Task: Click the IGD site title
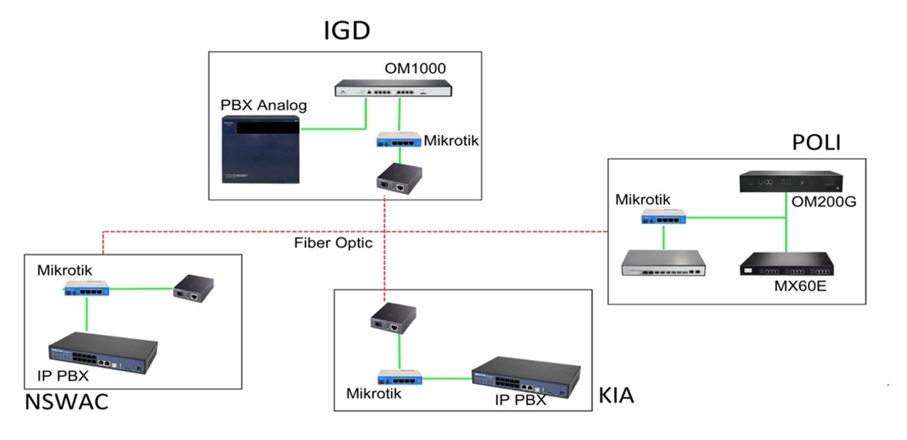coord(347,31)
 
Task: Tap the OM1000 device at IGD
coord(393,90)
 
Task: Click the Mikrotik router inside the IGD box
coord(398,141)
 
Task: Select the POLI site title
coord(816,144)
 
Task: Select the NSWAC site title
coord(66,401)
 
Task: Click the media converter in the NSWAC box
coord(192,288)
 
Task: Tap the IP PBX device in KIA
coord(527,377)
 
